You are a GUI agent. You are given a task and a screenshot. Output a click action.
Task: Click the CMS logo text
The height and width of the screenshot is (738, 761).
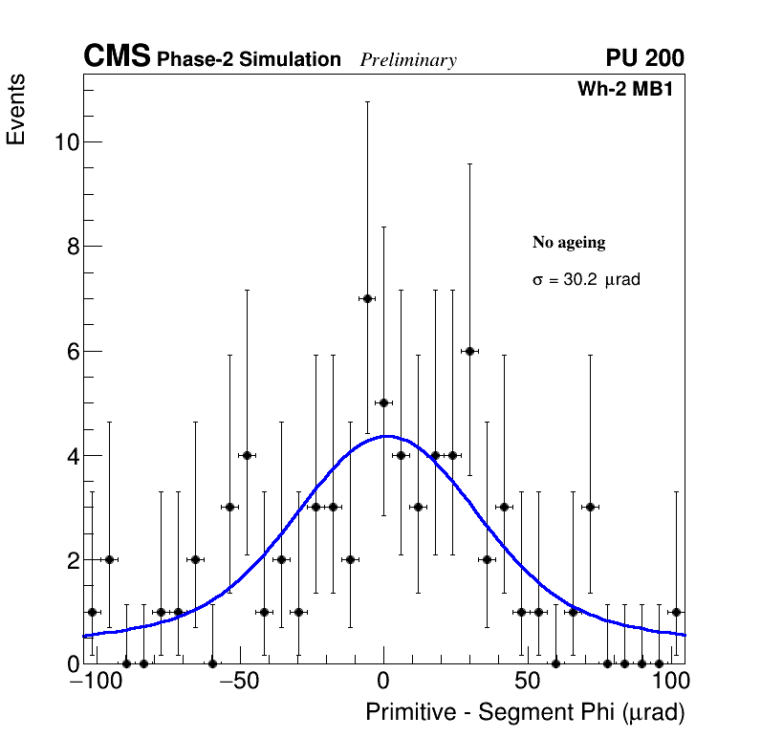(x=117, y=57)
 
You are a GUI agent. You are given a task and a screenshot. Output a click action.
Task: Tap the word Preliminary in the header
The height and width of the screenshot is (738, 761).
(x=408, y=60)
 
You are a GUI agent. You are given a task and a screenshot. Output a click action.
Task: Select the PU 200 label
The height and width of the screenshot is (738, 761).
(x=644, y=58)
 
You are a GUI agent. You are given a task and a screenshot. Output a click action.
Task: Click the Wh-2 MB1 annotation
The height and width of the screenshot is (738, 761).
(x=631, y=90)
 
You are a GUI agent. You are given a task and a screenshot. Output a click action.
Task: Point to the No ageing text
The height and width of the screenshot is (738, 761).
(x=569, y=243)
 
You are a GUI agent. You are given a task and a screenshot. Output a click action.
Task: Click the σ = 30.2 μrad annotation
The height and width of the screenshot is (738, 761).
(x=585, y=281)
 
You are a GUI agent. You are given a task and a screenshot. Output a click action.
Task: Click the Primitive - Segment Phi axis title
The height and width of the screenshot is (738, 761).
(x=525, y=713)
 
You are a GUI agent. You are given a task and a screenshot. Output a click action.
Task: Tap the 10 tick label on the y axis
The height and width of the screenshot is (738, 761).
(x=65, y=142)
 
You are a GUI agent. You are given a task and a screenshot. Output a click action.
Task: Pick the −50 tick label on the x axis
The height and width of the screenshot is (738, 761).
(x=239, y=682)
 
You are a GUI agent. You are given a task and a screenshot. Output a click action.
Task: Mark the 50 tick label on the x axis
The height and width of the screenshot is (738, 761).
(x=527, y=682)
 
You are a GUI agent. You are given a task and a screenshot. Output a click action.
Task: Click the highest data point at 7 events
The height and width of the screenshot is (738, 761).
(x=366, y=298)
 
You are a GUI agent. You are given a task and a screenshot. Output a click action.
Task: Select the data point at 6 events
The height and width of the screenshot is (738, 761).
(x=469, y=351)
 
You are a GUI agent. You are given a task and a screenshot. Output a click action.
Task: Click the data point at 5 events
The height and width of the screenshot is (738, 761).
(x=383, y=402)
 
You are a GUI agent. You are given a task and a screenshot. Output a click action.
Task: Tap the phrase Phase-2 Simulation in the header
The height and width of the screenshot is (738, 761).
(x=249, y=60)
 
